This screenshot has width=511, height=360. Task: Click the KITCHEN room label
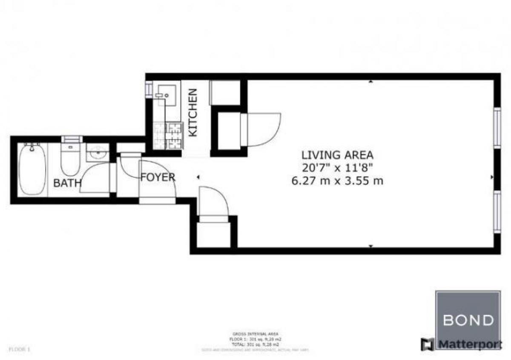[193, 112]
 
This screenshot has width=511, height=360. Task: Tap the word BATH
[67, 183]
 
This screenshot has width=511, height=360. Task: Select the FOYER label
[158, 177]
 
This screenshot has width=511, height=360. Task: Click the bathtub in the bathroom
[32, 169]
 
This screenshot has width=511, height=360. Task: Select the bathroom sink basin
[98, 152]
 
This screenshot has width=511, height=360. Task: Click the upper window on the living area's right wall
[497, 128]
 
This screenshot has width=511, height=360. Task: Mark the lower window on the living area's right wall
[497, 211]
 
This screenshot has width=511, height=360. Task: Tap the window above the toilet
[72, 139]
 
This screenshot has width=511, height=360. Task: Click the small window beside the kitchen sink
[149, 89]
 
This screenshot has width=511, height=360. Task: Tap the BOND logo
[468, 319]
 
